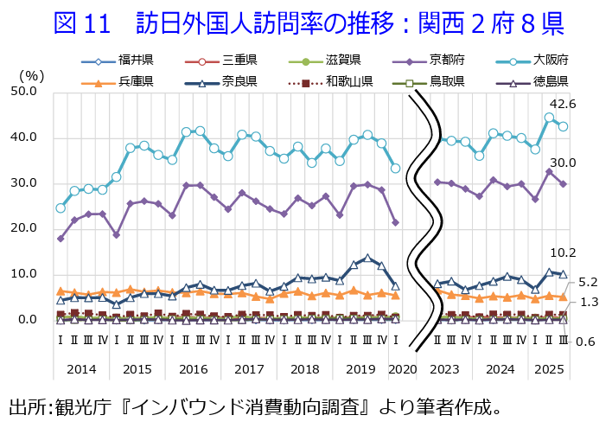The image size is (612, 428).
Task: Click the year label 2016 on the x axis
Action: click(x=193, y=369)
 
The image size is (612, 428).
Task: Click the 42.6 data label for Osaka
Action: click(x=562, y=104)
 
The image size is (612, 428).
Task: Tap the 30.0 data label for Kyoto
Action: click(x=562, y=163)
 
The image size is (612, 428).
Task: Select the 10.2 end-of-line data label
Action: click(x=562, y=252)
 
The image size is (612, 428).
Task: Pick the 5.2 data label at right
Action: click(x=587, y=282)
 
